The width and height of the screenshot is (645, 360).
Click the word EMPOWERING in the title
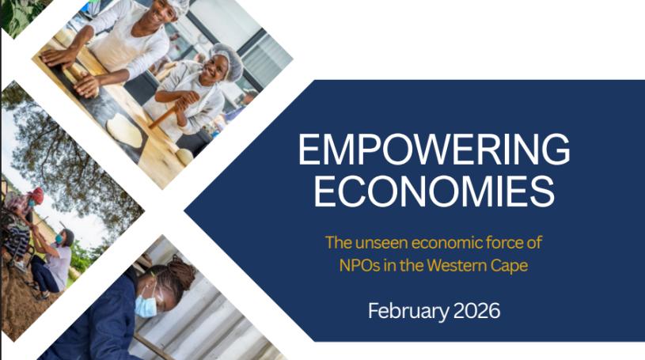click(x=434, y=149)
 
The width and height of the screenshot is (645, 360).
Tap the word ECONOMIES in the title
click(x=434, y=191)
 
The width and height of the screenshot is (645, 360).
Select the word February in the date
click(x=408, y=311)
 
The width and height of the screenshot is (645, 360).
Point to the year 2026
click(x=476, y=311)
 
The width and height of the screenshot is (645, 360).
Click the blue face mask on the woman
click(x=146, y=303)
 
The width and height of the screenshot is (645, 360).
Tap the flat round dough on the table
click(x=124, y=130)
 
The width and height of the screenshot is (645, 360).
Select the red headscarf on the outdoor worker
click(x=37, y=195)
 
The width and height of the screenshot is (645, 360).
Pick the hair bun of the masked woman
click(x=181, y=271)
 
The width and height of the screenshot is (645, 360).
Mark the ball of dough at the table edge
click(x=184, y=157)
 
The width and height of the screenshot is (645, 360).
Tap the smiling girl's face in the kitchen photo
click(x=214, y=67)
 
